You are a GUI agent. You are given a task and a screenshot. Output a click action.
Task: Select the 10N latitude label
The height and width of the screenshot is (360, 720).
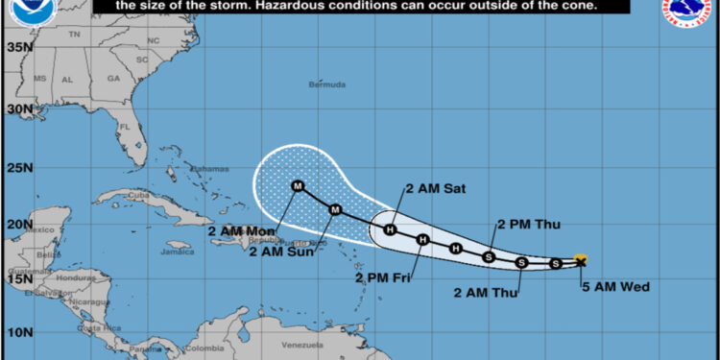point(18,331)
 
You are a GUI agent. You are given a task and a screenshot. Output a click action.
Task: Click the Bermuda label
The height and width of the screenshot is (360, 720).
point(326,84)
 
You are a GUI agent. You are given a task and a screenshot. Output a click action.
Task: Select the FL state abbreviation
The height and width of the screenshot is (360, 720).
point(124,126)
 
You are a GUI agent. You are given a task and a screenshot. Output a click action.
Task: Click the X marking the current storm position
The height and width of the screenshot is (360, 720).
point(580,260)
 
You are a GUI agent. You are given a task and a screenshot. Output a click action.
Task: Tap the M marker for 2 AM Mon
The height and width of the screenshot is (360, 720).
point(297,186)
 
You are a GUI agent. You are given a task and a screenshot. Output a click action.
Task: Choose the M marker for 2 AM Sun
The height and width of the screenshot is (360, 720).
point(335,209)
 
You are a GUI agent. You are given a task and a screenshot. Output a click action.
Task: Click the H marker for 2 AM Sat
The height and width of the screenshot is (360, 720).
point(391,229)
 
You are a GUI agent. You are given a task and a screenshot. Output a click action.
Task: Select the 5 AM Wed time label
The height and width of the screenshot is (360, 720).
point(608,285)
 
